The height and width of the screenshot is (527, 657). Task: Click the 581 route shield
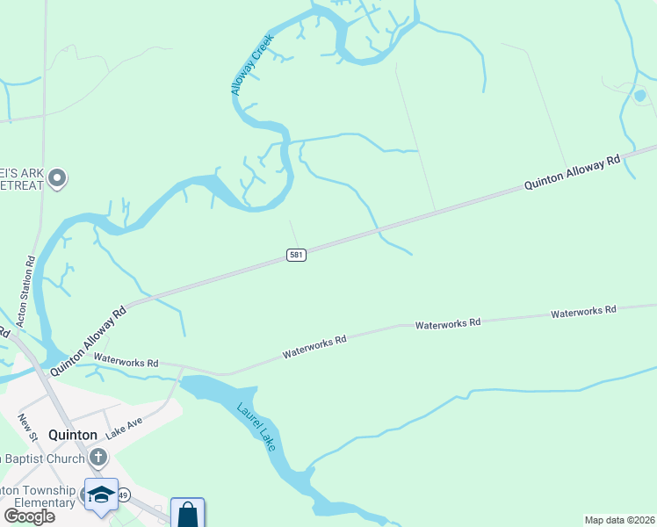click(296, 255)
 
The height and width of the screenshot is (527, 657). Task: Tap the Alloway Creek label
click(253, 66)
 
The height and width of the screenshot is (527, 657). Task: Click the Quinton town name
click(73, 435)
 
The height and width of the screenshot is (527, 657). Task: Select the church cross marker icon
click(97, 457)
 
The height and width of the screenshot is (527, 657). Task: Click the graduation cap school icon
click(101, 494)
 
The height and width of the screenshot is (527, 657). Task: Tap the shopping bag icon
click(188, 514)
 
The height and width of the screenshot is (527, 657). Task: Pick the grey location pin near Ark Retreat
click(58, 178)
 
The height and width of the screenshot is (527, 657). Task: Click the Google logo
click(30, 516)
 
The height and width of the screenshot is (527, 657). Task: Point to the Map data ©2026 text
click(619, 520)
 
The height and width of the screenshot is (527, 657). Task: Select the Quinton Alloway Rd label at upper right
click(572, 173)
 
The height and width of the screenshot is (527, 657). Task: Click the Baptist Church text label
click(40, 458)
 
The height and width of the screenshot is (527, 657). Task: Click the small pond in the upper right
click(639, 96)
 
